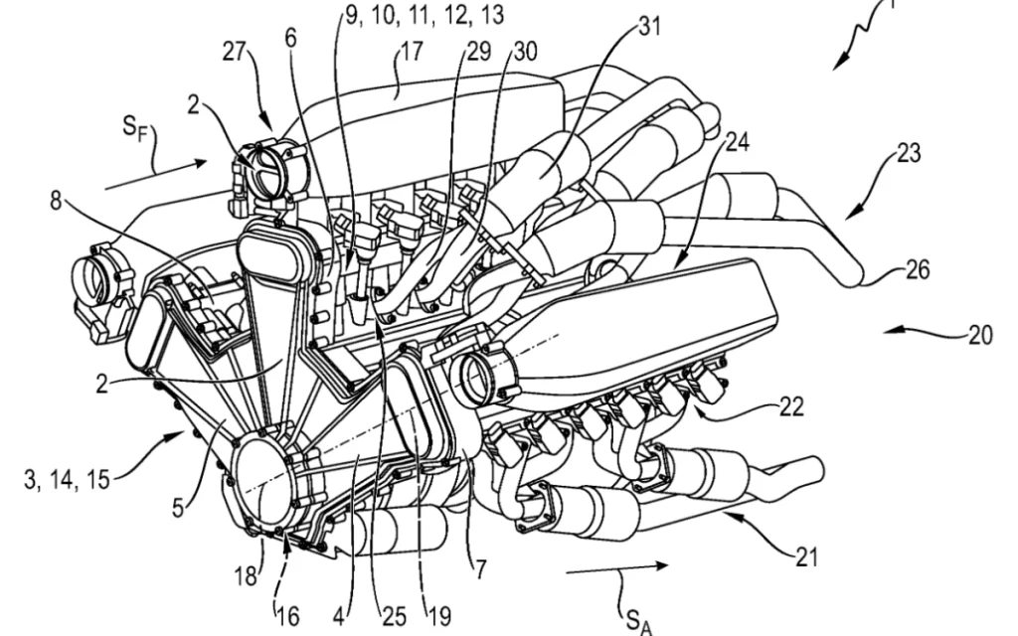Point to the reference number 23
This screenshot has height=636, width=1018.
(x=908, y=154)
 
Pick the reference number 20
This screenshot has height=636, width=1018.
(x=979, y=335)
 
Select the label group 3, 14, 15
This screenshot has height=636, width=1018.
(x=69, y=482)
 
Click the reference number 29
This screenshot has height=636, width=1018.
(x=478, y=52)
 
